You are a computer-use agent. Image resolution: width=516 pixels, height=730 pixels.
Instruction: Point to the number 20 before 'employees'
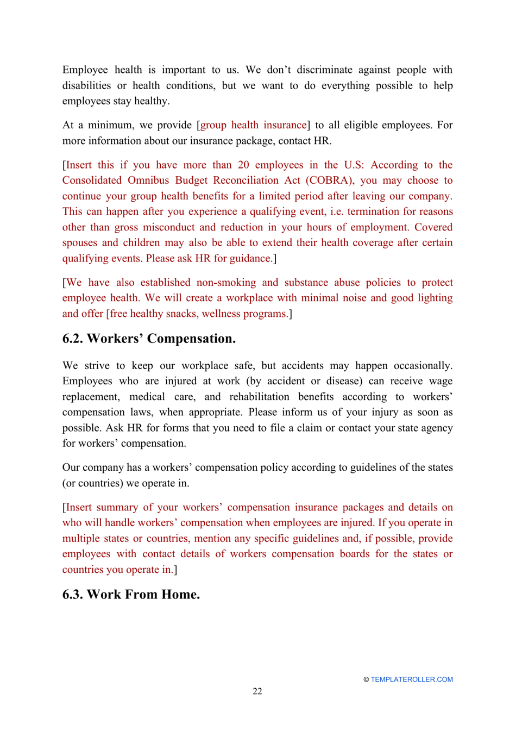(243, 165)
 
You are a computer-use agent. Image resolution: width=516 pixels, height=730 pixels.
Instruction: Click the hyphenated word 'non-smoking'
(226, 283)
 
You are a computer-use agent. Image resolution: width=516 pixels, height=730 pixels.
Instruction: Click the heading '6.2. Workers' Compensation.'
(149, 339)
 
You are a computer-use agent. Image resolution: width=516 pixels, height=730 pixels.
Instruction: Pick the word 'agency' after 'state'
(436, 428)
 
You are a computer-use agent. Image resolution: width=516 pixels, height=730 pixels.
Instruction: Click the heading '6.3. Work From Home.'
(131, 594)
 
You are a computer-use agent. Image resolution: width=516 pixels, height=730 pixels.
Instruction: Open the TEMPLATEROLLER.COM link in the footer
(412, 679)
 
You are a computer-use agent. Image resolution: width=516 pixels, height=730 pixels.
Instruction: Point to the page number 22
(257, 691)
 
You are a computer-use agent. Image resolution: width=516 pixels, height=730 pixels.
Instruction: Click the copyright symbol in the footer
(366, 679)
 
